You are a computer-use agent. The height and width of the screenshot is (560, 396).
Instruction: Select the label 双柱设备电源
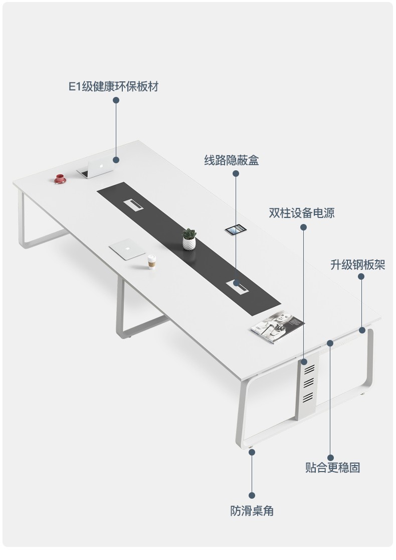pos(301,213)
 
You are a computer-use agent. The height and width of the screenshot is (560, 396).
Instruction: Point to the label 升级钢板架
pos(357,265)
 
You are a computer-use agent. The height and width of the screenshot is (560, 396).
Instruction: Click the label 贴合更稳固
pos(332,468)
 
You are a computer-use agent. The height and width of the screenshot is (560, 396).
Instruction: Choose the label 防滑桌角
pos(252,511)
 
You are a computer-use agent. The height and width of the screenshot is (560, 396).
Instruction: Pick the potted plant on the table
pos(189,239)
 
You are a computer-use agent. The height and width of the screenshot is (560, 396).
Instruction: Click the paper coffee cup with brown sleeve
pos(152,261)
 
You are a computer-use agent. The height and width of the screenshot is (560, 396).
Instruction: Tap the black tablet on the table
pos(235,230)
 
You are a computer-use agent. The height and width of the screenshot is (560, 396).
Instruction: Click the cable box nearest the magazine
pos(237,285)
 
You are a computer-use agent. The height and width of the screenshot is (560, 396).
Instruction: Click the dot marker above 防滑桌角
pos(252,452)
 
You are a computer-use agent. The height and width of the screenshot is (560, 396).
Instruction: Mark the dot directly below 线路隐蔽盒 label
pos(236,174)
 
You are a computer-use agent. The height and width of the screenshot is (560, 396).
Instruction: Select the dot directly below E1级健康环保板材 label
pos(116,100)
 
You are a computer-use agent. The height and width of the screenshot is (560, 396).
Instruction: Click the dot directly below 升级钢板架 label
pos(361,276)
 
